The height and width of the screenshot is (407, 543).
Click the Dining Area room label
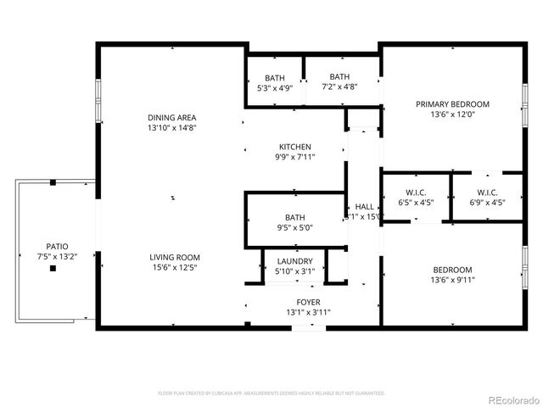[x=174, y=117]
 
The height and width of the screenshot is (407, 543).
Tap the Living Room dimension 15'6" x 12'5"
[x=175, y=269]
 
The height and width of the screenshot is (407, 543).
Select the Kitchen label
[x=294, y=147]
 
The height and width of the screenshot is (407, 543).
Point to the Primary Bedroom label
[x=449, y=104]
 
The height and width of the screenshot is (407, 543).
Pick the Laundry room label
[x=294, y=261]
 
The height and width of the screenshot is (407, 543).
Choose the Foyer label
[x=308, y=302]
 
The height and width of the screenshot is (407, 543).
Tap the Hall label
[x=365, y=206]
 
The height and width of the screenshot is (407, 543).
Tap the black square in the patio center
[x=53, y=269]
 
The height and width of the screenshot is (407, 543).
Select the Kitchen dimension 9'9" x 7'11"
[x=294, y=158]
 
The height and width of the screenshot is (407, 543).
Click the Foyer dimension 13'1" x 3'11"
[x=308, y=312]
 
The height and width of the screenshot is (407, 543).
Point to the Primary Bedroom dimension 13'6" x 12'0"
[x=449, y=114]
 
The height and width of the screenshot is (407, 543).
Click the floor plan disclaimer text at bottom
[x=271, y=393]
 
